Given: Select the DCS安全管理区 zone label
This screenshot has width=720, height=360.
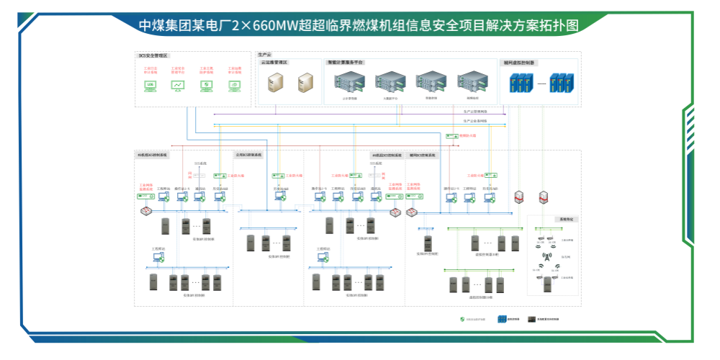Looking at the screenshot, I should tap(153, 55).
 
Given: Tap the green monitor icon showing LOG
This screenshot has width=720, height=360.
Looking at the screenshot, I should tap(150, 85).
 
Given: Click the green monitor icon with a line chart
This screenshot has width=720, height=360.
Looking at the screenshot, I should tap(178, 85).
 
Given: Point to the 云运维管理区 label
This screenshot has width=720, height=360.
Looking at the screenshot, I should tap(274, 63).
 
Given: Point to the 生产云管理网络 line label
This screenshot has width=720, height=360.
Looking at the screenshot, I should tap(475, 112).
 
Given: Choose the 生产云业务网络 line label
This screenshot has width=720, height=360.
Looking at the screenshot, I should tap(475, 121).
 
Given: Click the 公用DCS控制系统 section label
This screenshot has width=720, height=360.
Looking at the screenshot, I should tap(249, 155).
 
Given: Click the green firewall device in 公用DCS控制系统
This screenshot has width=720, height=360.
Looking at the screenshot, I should tap(276, 174).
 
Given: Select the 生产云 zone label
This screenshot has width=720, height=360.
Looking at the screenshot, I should tap(264, 54).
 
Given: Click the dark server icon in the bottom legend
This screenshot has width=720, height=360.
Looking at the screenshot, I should tap(531, 319).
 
